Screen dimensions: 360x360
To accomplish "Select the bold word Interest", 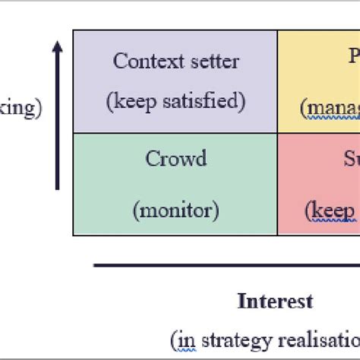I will (276, 302).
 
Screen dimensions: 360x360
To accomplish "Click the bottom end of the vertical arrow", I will (58, 188).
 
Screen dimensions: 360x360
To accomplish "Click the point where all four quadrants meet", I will (278, 134).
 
